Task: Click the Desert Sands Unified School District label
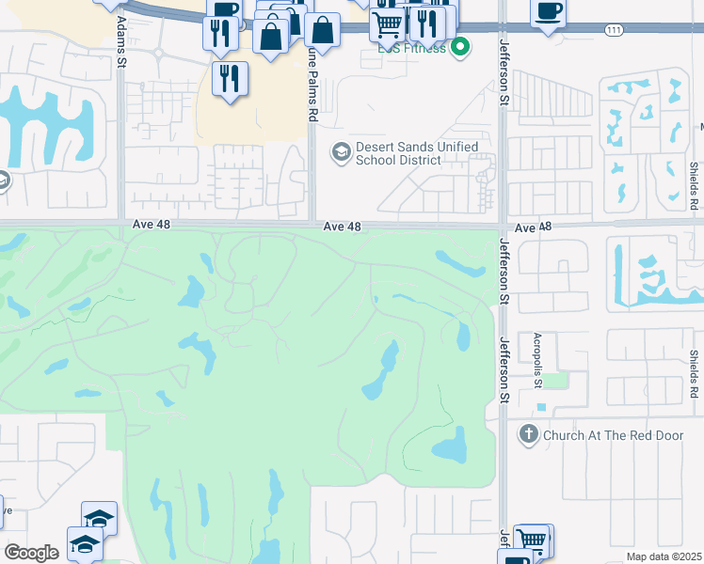[x=417, y=154]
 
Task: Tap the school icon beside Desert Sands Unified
[x=340, y=150]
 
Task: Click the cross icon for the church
[x=528, y=434]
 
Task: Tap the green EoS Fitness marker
[x=460, y=46]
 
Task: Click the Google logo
[x=31, y=553]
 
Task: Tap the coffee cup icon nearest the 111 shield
[x=547, y=12]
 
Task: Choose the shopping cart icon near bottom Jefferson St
[x=532, y=541]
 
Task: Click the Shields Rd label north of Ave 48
[x=692, y=184]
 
